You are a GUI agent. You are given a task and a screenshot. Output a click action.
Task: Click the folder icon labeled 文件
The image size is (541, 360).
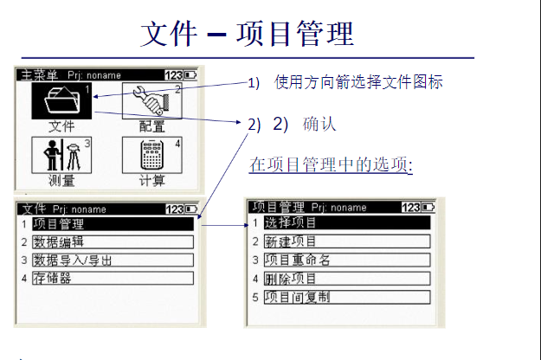coord(61,100)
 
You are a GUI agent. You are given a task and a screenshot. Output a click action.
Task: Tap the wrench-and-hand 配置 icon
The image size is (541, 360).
coord(152,100)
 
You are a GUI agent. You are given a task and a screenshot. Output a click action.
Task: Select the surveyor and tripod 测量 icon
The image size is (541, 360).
coord(61,155)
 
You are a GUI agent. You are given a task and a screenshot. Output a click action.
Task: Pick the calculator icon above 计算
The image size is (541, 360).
coord(152,155)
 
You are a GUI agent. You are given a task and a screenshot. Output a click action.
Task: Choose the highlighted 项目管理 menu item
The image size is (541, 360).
coord(113,224)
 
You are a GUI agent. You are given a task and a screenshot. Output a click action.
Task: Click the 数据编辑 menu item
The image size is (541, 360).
coord(113,242)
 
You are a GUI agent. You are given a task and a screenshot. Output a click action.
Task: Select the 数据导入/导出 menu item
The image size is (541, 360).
coord(113,260)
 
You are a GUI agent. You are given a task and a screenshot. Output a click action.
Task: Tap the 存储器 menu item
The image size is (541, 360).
coord(113,278)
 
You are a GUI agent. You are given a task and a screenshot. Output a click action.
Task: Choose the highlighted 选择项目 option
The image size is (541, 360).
coord(347,222)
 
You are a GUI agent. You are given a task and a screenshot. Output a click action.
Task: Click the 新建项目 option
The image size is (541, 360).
coord(347,241)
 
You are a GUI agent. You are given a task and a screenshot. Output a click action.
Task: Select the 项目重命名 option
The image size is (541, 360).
coord(347,260)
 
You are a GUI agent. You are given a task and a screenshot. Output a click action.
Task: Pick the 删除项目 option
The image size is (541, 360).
coord(347,279)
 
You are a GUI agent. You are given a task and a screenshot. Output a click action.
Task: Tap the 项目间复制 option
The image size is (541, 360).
coord(347,297)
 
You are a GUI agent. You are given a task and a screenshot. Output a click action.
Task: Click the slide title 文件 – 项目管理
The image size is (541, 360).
coord(247,34)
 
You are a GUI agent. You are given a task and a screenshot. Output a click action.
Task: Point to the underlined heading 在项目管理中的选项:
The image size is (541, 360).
coord(331,164)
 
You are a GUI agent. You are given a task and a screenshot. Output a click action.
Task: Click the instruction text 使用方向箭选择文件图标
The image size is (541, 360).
coord(358,82)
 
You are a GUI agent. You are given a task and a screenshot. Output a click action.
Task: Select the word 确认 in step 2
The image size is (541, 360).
coord(319,124)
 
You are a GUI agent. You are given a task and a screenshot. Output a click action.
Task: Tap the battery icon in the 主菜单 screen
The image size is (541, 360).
coord(190,74)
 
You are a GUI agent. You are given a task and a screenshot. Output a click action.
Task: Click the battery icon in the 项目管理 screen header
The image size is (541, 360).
coord(428,207)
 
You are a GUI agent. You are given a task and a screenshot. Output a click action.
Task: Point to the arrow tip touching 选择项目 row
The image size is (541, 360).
coord(248,225)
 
